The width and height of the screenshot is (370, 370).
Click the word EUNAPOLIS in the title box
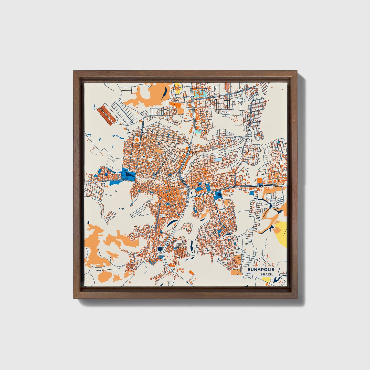tap(261, 270)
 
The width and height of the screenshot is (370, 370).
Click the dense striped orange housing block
tap(106, 114)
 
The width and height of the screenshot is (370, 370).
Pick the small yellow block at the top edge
tap(178, 87)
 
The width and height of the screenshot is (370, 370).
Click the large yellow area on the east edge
tap(281, 233)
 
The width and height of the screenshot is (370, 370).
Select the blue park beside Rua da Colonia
tap(128, 174)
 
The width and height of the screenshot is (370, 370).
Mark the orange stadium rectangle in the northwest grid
tap(137, 140)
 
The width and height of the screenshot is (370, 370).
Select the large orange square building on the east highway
tap(260, 181)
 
